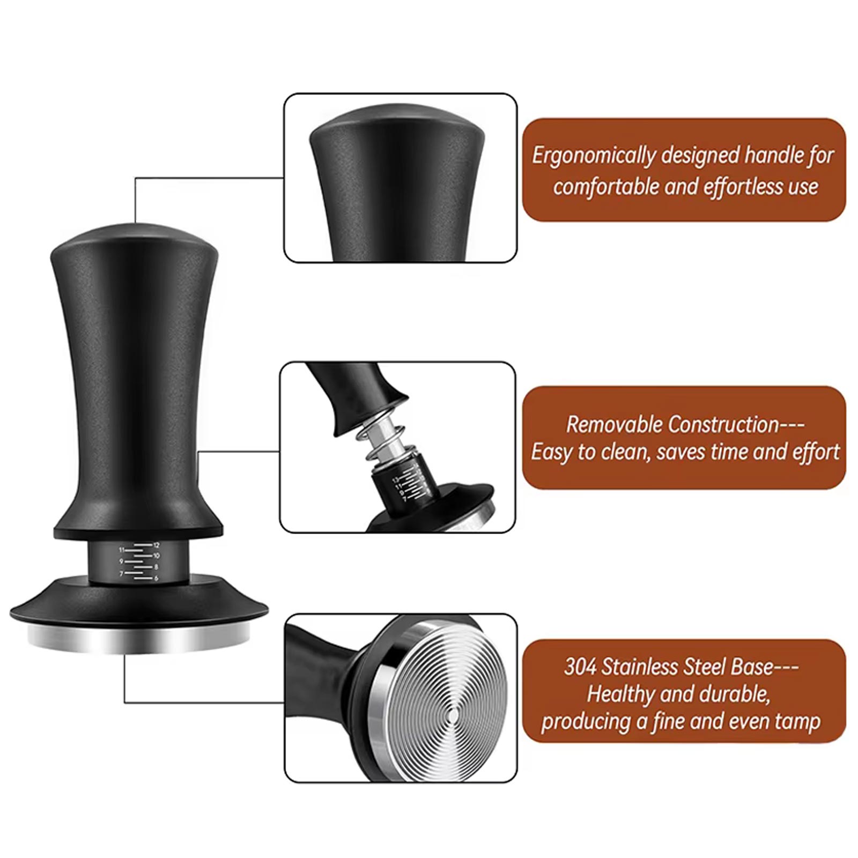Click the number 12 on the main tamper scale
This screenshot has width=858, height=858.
pyautogui.click(x=156, y=545)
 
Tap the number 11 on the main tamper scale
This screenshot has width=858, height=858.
pyautogui.click(x=122, y=550)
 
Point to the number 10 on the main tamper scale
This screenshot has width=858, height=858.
pyautogui.click(x=156, y=556)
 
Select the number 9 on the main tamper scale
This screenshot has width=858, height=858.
pyautogui.click(x=122, y=561)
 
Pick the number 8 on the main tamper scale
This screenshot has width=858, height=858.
pyautogui.click(x=156, y=567)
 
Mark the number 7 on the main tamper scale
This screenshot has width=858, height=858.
pyautogui.click(x=122, y=573)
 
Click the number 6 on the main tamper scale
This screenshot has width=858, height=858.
pyautogui.click(x=156, y=579)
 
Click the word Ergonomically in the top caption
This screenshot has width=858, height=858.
pyautogui.click(x=594, y=156)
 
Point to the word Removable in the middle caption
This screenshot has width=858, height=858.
pyautogui.click(x=615, y=424)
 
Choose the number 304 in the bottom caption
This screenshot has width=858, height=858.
pyautogui.click(x=580, y=667)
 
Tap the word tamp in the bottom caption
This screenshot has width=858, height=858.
pyautogui.click(x=797, y=722)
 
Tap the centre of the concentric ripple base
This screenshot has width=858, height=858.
pyautogui.click(x=452, y=715)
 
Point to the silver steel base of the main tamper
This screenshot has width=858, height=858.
pyautogui.click(x=139, y=640)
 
